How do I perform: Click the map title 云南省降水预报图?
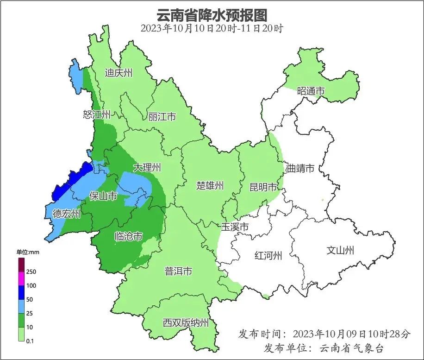(x=212, y=15)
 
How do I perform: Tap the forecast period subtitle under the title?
(x=212, y=28)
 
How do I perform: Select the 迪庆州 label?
(x=118, y=73)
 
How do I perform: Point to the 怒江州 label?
(x=97, y=114)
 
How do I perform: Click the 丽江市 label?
(x=162, y=117)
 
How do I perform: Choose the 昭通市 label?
(x=311, y=91)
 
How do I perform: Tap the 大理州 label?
(x=147, y=167)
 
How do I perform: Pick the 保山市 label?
(x=103, y=196)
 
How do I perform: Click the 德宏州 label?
(x=66, y=214)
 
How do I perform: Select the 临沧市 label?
(x=128, y=237)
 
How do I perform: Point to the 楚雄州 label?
(x=210, y=186)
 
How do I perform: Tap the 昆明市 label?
(x=263, y=187)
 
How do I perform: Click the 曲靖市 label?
(x=300, y=168)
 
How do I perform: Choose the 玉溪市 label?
(x=235, y=227)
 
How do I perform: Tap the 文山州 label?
(x=340, y=251)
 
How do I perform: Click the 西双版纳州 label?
(x=186, y=323)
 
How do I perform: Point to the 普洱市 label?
(x=178, y=272)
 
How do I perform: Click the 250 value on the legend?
(x=31, y=272)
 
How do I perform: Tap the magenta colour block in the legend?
(x=21, y=279)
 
